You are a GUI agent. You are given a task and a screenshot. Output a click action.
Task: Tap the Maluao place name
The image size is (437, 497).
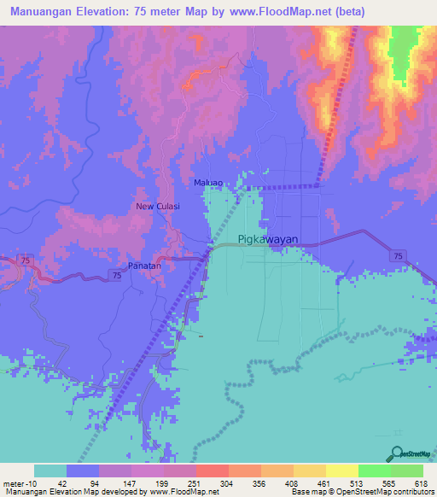tap(209, 183)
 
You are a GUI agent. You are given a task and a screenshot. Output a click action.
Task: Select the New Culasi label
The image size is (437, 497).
tap(156, 207)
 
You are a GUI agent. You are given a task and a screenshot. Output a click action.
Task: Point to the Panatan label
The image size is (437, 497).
tap(144, 266)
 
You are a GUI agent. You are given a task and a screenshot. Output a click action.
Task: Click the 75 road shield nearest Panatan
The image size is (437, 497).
tap(115, 272)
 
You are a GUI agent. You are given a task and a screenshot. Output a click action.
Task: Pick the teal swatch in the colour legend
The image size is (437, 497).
tap(50, 471)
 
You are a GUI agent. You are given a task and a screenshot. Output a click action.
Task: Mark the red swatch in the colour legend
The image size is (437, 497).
tap(212, 471)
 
